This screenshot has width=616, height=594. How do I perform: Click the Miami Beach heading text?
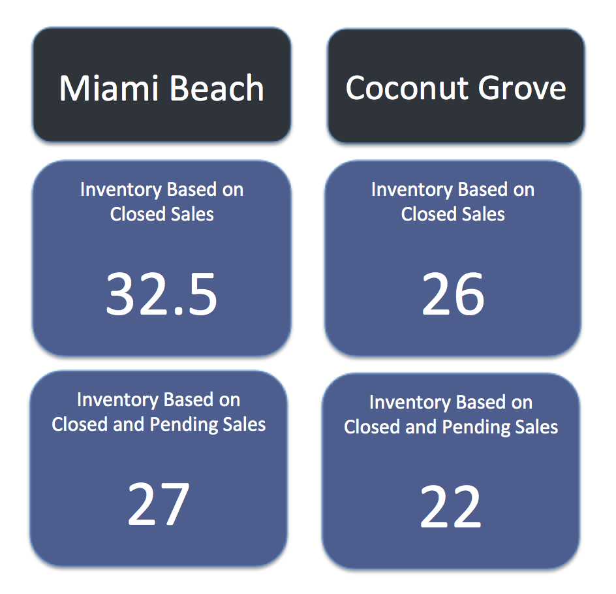click(x=161, y=88)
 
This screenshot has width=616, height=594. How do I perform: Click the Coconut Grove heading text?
click(x=455, y=88)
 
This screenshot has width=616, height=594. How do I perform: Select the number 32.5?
click(x=161, y=294)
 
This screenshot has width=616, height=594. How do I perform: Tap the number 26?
click(x=453, y=294)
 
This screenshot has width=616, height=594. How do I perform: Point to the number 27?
click(x=159, y=504)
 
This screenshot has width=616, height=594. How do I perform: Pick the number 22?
click(x=451, y=507)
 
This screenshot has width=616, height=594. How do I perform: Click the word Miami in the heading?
click(x=108, y=88)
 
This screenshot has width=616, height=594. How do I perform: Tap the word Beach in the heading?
click(x=217, y=88)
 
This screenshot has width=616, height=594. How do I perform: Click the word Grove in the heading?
click(x=522, y=88)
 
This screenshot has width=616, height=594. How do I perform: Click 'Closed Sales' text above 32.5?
click(x=162, y=214)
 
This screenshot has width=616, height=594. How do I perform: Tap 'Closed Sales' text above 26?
click(x=453, y=214)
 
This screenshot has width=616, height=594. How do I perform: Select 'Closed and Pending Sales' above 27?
click(x=159, y=425)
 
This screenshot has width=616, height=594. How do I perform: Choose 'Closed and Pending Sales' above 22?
click(x=451, y=428)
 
